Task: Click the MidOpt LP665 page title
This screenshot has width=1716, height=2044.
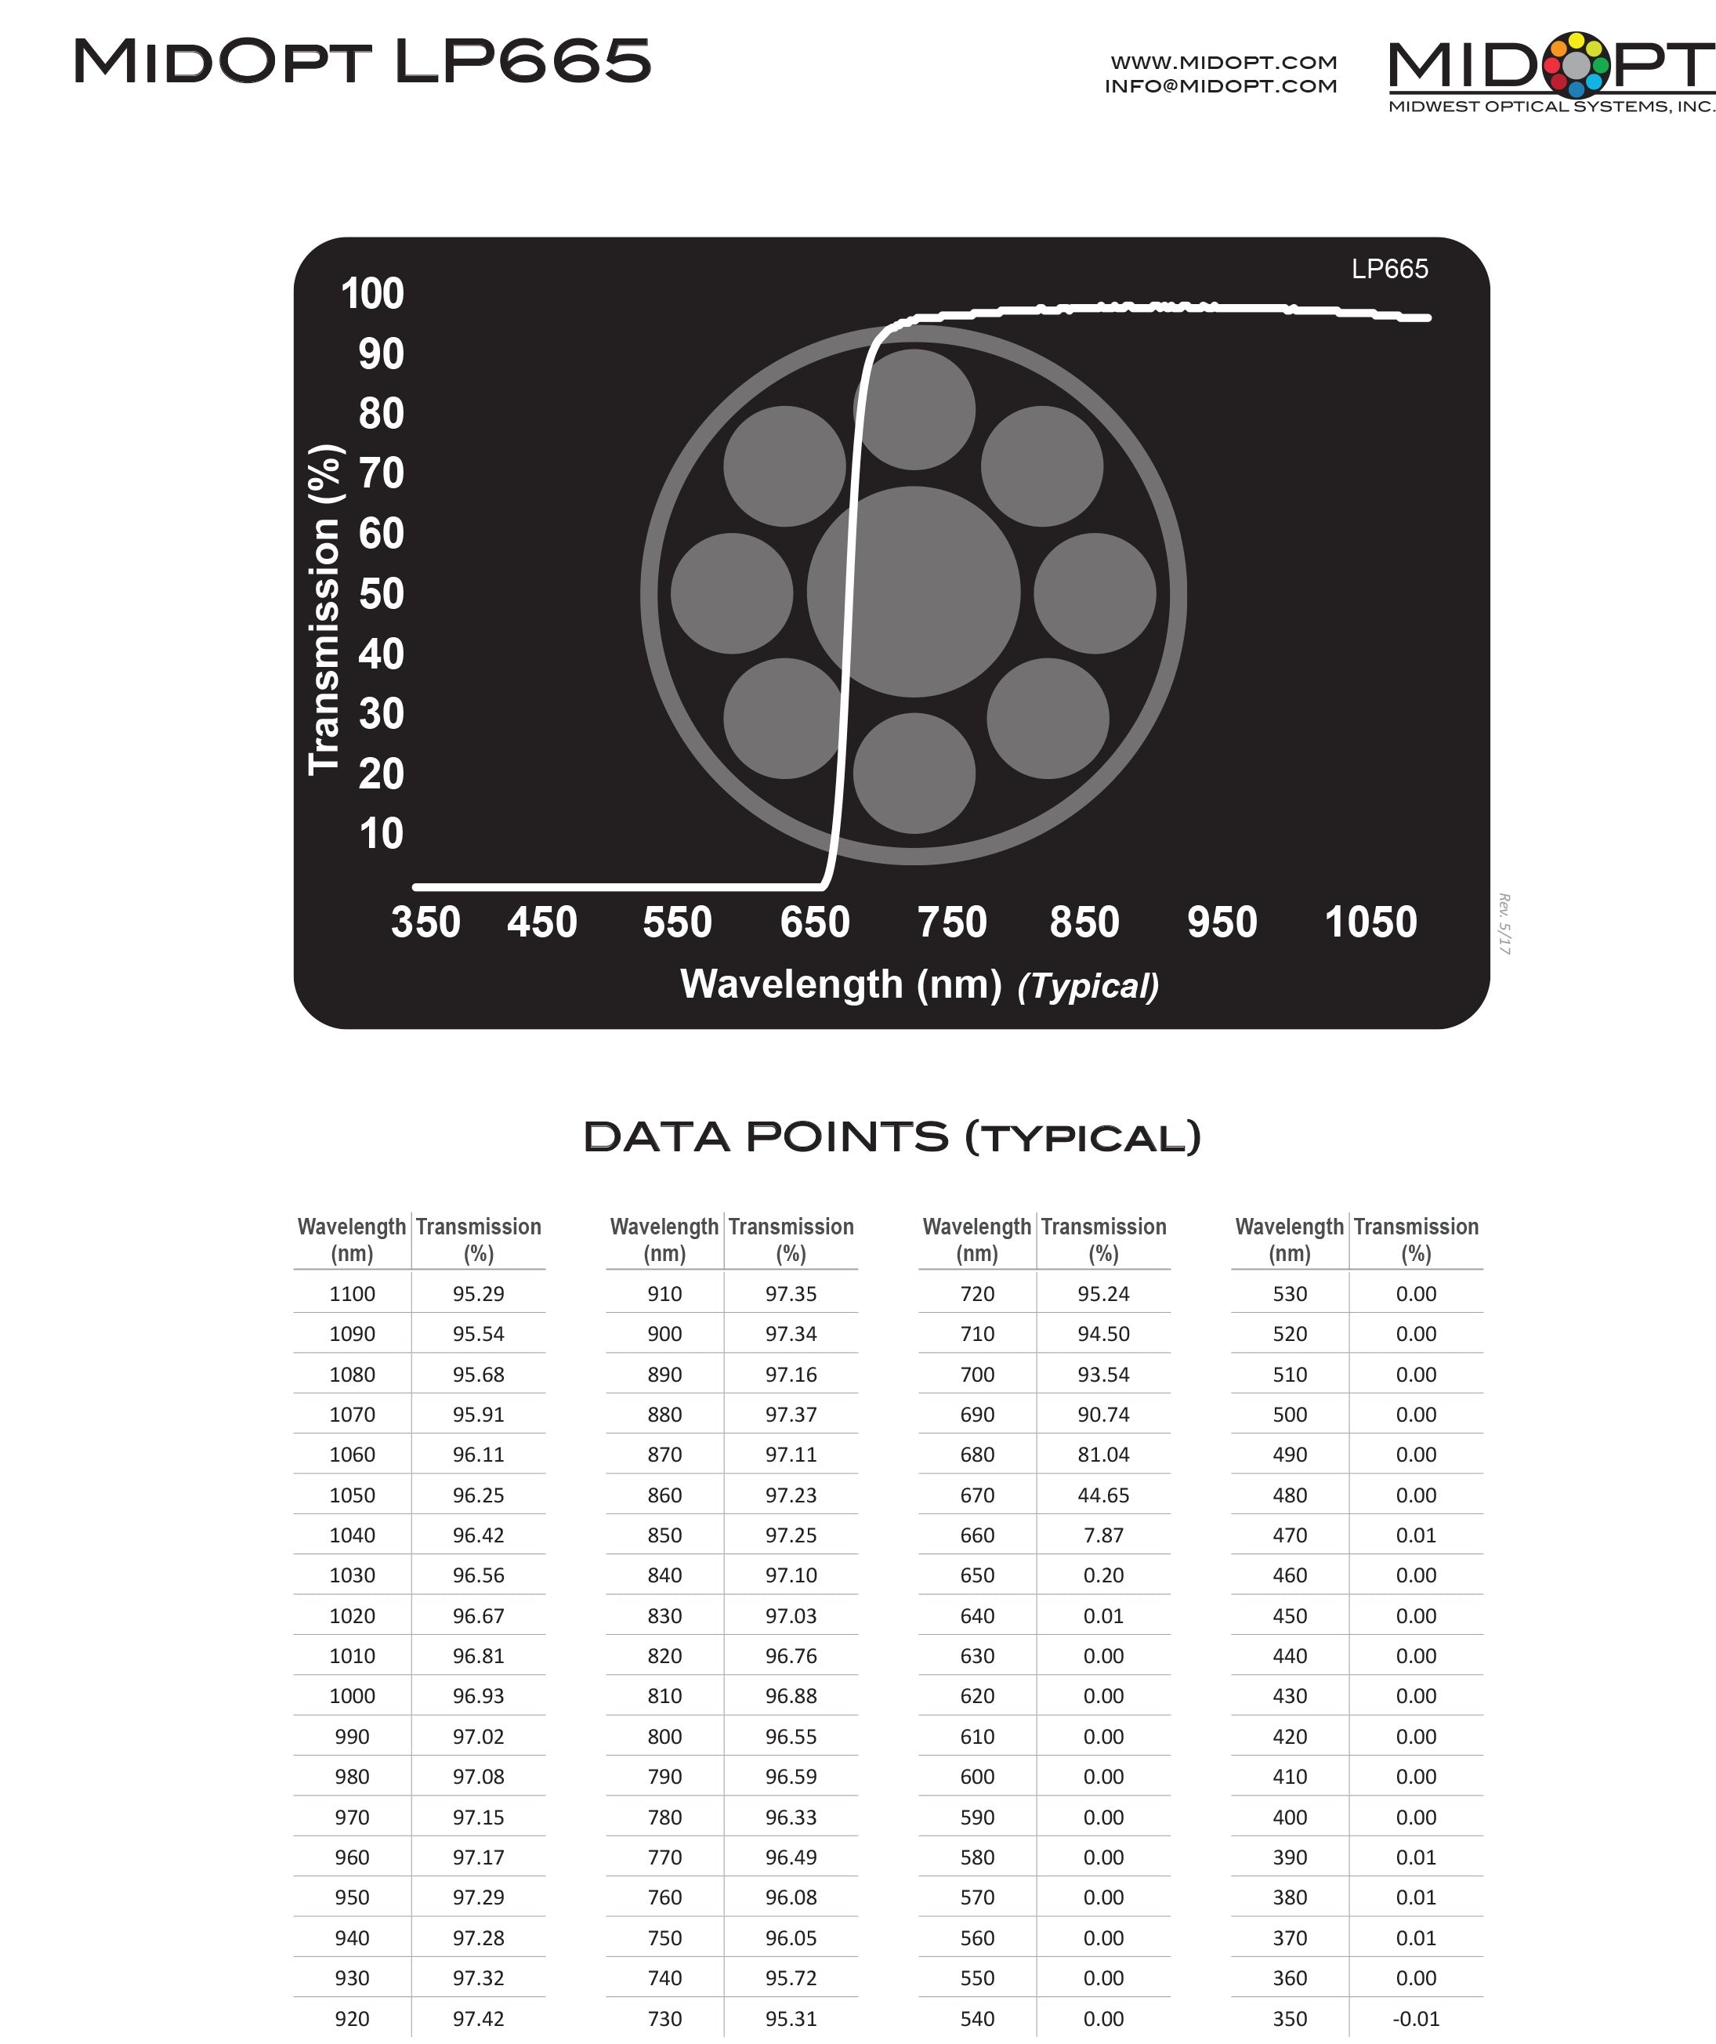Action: [x=362, y=60]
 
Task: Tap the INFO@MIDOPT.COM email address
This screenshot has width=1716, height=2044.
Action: [x=1221, y=85]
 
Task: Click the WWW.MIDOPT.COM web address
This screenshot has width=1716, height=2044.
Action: [x=1223, y=62]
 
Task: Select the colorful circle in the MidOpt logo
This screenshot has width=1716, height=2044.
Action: [x=1576, y=64]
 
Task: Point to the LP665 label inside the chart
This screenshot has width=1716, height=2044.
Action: [x=1389, y=269]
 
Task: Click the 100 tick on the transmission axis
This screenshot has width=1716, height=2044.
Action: [x=372, y=294]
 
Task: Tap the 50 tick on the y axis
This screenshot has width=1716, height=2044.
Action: [x=381, y=594]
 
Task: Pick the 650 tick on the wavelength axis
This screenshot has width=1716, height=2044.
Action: [x=815, y=922]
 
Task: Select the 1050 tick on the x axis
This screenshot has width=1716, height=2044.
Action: [x=1370, y=922]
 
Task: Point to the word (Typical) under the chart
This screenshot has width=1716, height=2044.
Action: [x=1088, y=986]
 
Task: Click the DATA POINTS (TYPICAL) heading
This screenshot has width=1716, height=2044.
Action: [x=892, y=1137]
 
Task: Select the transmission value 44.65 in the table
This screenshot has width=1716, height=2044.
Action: [x=1102, y=1495]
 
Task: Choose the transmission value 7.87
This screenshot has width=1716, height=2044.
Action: [x=1102, y=1535]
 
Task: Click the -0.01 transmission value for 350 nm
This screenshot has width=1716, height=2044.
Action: [x=1415, y=2019]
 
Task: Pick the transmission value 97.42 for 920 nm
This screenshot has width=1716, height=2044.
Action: [x=478, y=2019]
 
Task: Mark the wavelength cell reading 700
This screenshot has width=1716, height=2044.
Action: [x=977, y=1375]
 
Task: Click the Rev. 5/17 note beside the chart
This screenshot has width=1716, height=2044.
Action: [x=1504, y=924]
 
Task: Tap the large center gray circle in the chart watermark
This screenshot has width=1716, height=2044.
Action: [x=913, y=592]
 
